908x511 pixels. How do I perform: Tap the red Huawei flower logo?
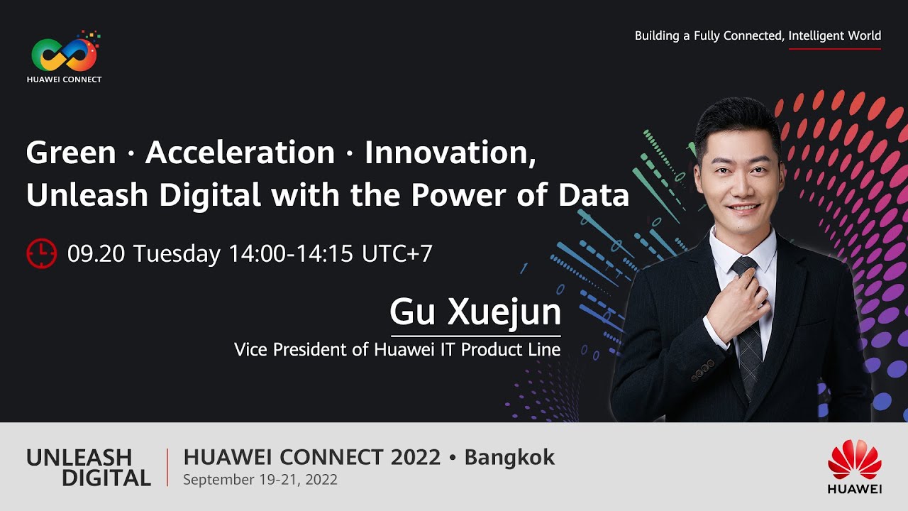pos(854,460)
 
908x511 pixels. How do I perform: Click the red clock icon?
pos(41,253)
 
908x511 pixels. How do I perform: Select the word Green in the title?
pos(70,153)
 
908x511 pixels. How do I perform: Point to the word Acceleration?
pos(240,153)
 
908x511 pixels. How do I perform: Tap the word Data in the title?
pos(594,196)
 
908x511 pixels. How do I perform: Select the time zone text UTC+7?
pos(397,253)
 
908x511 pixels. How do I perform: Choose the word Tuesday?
pos(177,253)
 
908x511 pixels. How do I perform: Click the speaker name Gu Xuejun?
pos(475,312)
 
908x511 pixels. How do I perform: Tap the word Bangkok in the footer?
pos(509,458)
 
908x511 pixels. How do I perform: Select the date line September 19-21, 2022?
pos(260,480)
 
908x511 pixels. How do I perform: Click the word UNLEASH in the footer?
pos(79,458)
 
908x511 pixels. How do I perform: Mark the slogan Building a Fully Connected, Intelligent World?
pos(758,35)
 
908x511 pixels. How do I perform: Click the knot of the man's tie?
pos(744,268)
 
